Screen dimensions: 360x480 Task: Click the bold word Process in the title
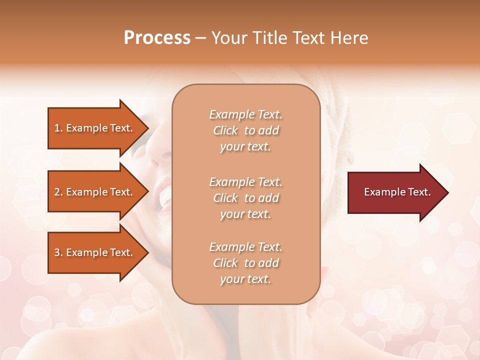[157, 37]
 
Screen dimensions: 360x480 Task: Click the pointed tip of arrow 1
[147, 128]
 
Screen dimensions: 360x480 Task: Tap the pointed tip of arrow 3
[147, 252]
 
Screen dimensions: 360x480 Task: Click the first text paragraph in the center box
[245, 130]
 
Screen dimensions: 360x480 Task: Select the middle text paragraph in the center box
[245, 198]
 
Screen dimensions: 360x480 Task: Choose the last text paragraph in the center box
[245, 263]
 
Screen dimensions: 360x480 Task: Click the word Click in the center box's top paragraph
[225, 130]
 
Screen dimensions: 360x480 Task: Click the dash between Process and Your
[201, 38]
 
